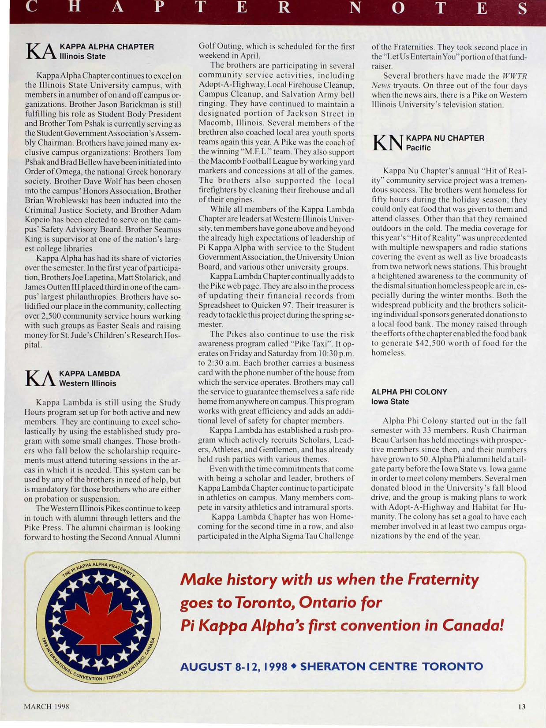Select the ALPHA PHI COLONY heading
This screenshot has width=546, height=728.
pyautogui.click(x=409, y=392)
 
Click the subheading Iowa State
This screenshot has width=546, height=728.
pyautogui.click(x=390, y=402)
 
